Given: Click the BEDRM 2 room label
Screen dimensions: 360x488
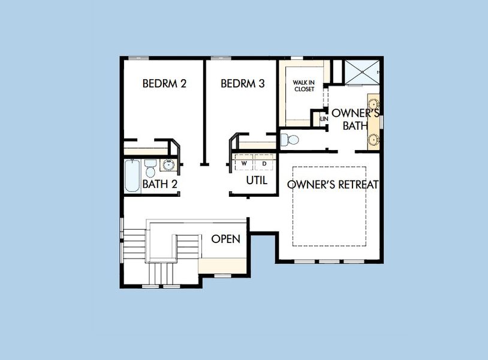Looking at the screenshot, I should pos(164,83).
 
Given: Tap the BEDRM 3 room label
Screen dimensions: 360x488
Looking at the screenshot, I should pos(243,83).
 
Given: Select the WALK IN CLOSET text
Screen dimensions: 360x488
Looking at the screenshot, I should pos(304,85).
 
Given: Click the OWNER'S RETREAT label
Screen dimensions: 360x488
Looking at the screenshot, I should pos(333,185).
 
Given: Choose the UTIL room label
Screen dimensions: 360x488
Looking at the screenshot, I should pos(257,180).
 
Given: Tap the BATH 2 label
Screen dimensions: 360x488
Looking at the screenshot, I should pos(159,184).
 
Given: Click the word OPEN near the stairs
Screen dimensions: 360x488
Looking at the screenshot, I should pos(226,239).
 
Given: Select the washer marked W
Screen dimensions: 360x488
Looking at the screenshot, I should pos(244,163).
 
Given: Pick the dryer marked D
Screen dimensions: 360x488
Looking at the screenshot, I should pos(264,163).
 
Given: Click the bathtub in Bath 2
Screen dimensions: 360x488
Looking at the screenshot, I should pos(132,175).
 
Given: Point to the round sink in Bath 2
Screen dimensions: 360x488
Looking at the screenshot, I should pos(168,165).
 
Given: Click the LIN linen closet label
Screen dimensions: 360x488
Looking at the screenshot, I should pos(324,119).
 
